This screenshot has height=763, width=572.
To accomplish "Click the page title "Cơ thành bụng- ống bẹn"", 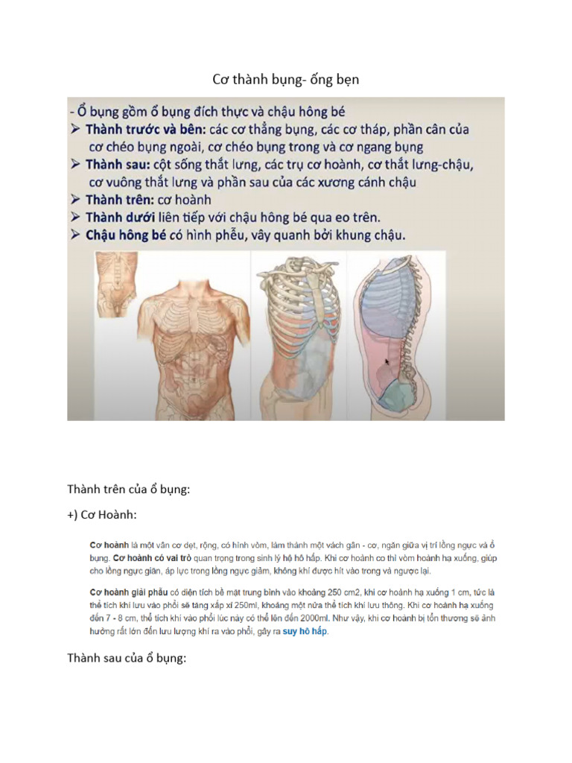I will tap(286, 78).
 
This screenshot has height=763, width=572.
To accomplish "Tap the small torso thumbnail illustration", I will tap(118, 282).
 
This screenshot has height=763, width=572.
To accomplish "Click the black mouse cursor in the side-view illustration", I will tap(386, 363).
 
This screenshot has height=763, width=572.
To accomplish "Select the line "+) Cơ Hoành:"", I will tap(101, 515).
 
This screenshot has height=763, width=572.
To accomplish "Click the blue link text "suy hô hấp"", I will tap(305, 632).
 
